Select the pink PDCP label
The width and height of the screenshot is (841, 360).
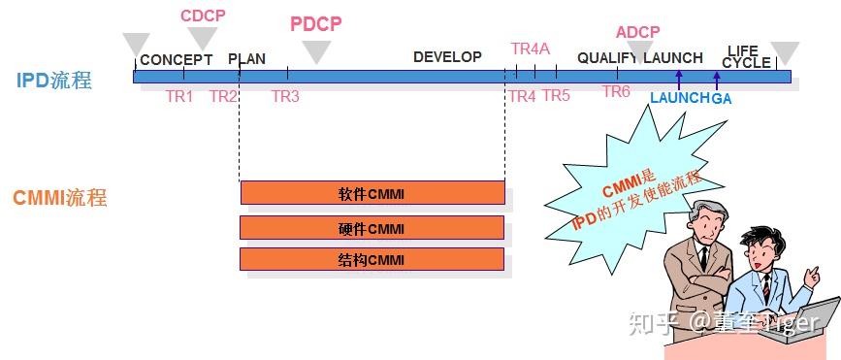pos(316,24)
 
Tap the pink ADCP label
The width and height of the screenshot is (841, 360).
pos(637,32)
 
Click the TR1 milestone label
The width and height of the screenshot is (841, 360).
pos(179,96)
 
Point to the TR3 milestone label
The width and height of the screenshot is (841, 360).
pos(285,96)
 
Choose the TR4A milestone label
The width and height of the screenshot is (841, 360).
pos(531,49)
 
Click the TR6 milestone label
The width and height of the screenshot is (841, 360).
pos(616,91)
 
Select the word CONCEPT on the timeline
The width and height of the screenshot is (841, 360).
pos(176,59)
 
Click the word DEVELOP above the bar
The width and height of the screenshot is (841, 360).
pos(447,56)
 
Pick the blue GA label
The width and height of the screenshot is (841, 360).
pos(722,98)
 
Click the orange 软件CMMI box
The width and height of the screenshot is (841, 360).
pos(372,193)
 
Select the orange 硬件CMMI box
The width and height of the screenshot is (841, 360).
pos(372,228)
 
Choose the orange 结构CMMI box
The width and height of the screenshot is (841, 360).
pos(372,259)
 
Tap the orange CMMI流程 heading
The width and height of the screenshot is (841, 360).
pos(59,199)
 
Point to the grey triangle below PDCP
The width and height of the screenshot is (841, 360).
pos(316,52)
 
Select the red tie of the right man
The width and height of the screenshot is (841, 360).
pos(765,286)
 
